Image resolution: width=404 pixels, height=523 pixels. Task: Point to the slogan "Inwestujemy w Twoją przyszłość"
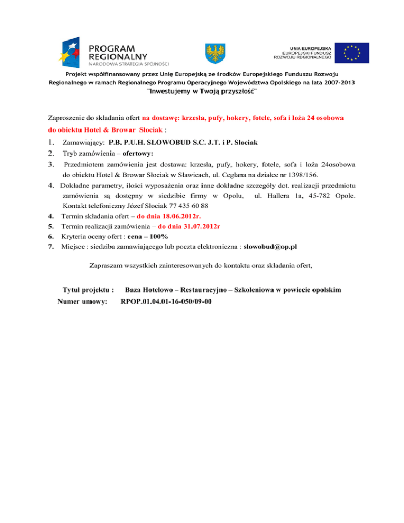[202, 92]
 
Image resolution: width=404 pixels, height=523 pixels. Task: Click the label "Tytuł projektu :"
[88, 290]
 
